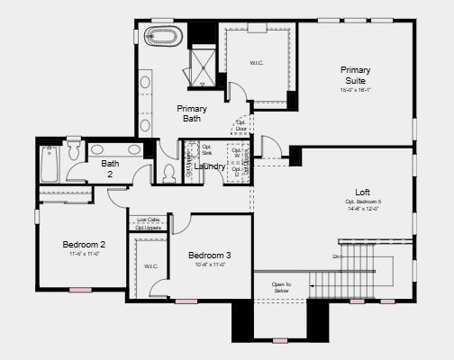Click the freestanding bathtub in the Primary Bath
pyautogui.click(x=164, y=39)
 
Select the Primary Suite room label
pyautogui.click(x=355, y=75)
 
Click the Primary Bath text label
pyautogui.click(x=191, y=114)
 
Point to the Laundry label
pyautogui.click(x=209, y=166)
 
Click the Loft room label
pyautogui.click(x=362, y=193)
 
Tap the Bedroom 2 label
pyautogui.click(x=84, y=244)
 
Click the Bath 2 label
pyautogui.click(x=110, y=168)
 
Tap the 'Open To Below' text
pyautogui.click(x=281, y=288)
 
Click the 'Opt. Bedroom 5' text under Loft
pyautogui.click(x=362, y=202)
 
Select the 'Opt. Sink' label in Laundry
pyautogui.click(x=206, y=150)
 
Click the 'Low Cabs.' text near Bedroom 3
pyautogui.click(x=149, y=220)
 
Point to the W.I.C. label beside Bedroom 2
pyautogui.click(x=150, y=266)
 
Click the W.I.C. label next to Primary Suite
pyautogui.click(x=257, y=63)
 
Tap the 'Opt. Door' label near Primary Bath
pyautogui.click(x=241, y=125)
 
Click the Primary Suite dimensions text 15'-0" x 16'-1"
pyautogui.click(x=355, y=90)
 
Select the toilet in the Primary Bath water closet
pyautogui.click(x=168, y=171)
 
